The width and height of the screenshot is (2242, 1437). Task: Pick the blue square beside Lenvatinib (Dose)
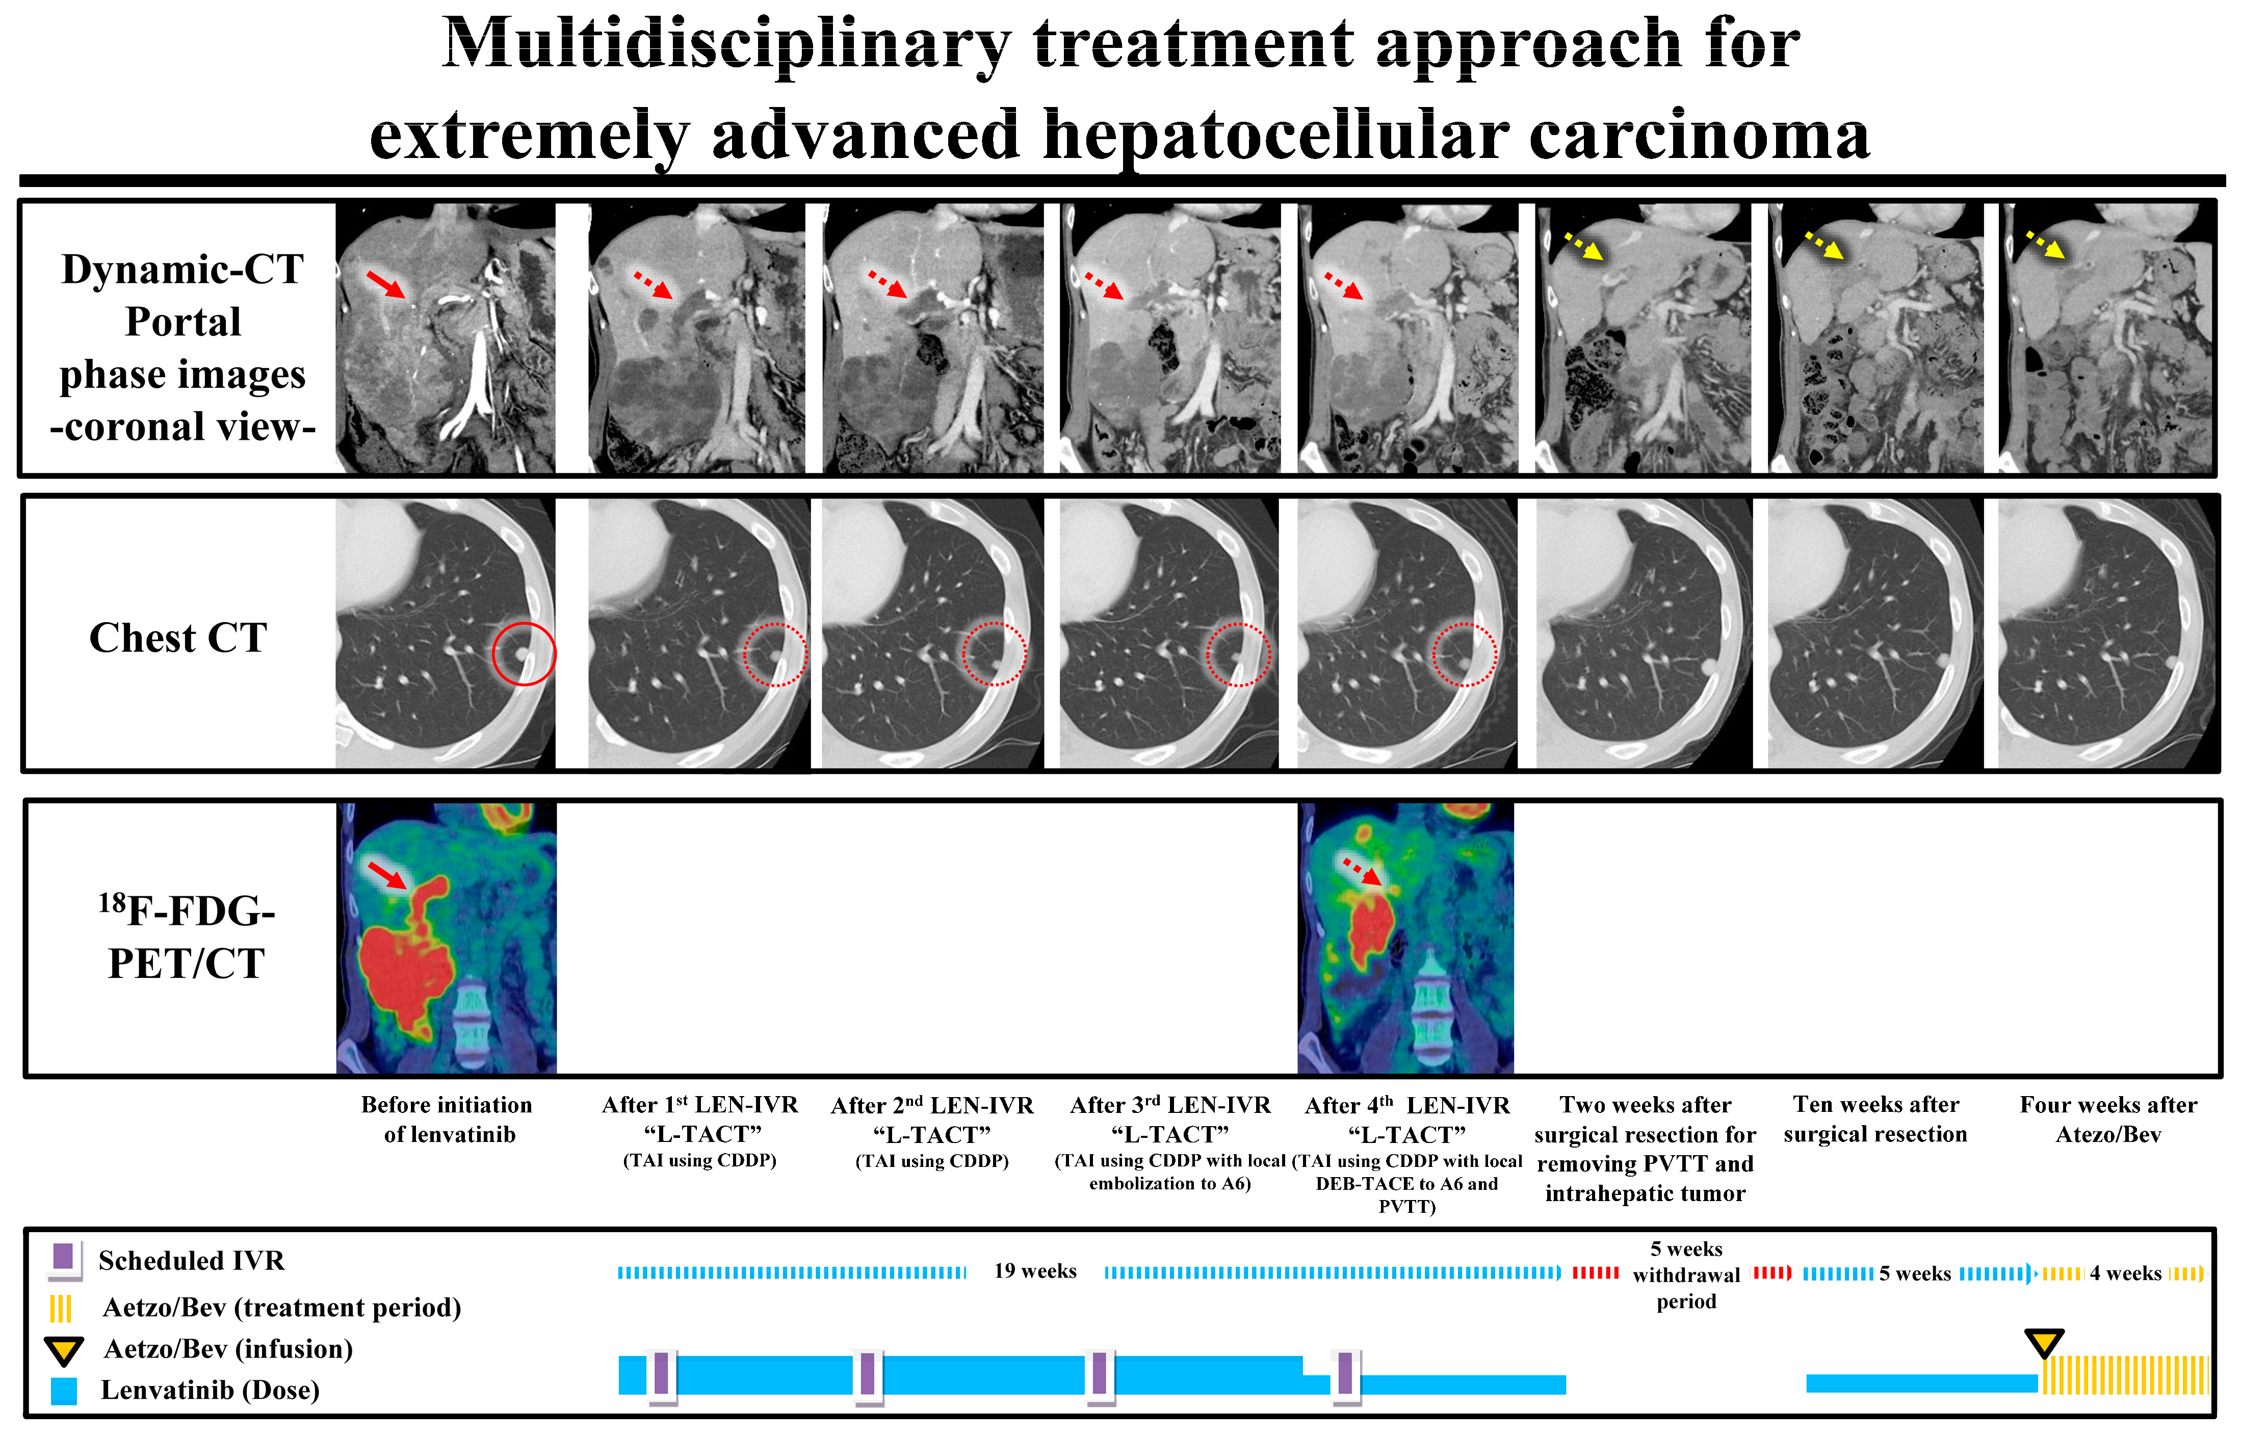pyautogui.click(x=64, y=1390)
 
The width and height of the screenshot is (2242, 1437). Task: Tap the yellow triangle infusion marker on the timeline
pyautogui.click(x=2043, y=1344)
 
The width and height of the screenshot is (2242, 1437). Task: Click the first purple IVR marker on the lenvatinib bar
pyautogui.click(x=661, y=1373)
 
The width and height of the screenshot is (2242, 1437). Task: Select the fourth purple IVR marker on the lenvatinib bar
pyautogui.click(x=1345, y=1373)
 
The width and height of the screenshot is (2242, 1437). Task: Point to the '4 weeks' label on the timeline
pyautogui.click(x=2125, y=1273)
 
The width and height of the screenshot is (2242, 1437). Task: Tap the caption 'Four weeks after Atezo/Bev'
pyautogui.click(x=2107, y=1119)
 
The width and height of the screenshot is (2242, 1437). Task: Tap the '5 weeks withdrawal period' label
pyautogui.click(x=1686, y=1274)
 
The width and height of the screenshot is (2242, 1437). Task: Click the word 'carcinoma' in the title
pyautogui.click(x=1699, y=136)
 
